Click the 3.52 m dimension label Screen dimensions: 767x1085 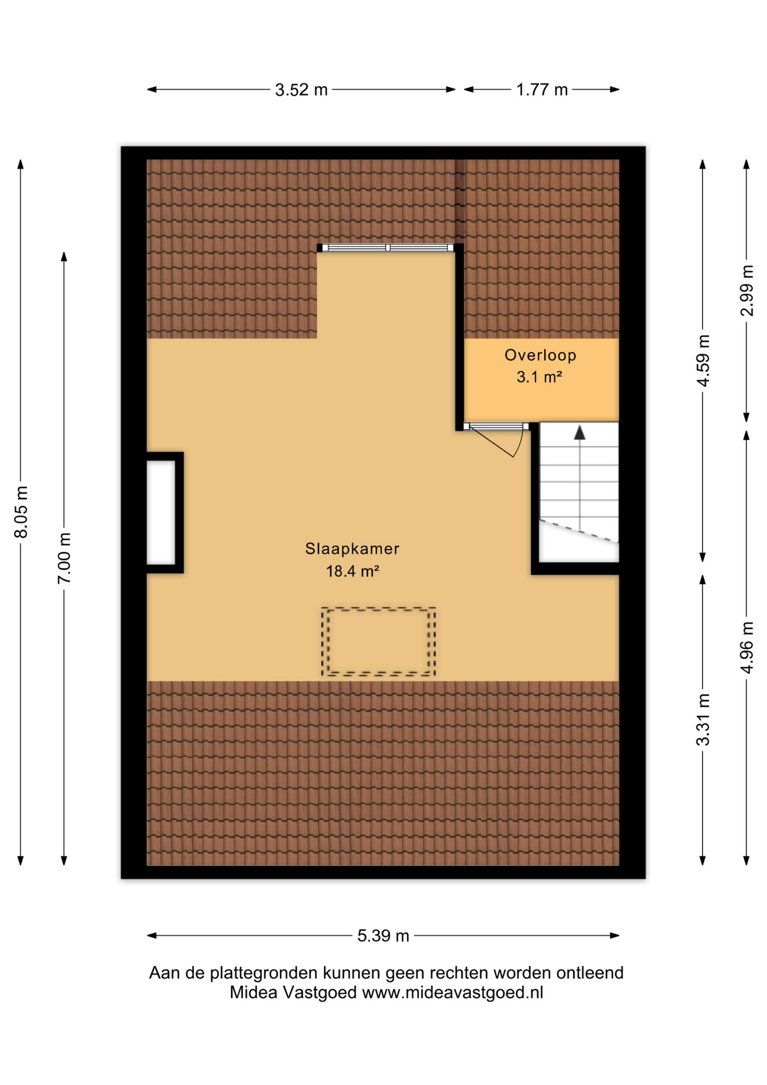(x=301, y=90)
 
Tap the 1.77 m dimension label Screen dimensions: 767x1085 (x=542, y=90)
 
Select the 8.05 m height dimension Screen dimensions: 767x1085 (x=21, y=511)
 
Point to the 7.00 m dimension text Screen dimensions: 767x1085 (x=64, y=558)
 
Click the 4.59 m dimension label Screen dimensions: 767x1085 (x=703, y=361)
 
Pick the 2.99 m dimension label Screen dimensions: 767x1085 (x=747, y=290)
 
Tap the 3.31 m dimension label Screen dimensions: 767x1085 (x=703, y=719)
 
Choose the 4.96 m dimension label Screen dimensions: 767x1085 (x=747, y=648)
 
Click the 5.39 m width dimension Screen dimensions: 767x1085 (x=383, y=936)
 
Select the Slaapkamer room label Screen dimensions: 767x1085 (x=352, y=548)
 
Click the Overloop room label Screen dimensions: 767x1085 (x=541, y=355)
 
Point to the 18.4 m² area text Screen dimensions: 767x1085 (x=352, y=571)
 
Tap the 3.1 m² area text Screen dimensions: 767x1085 (x=539, y=376)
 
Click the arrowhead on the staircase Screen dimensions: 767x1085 (x=579, y=433)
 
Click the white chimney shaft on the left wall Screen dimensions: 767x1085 (x=161, y=513)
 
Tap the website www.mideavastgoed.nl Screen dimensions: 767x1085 (x=452, y=992)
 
